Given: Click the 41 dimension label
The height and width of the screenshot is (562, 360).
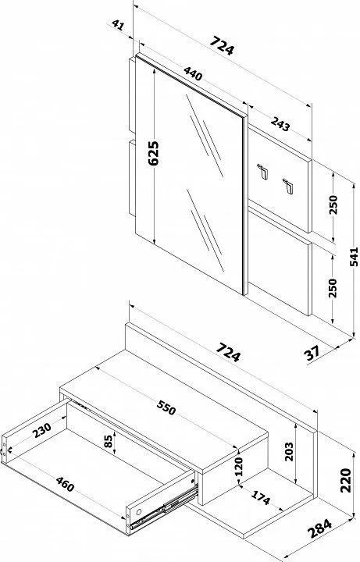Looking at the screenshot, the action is pyautogui.click(x=118, y=25).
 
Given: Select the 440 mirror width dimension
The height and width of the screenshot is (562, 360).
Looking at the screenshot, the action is pyautogui.click(x=193, y=73).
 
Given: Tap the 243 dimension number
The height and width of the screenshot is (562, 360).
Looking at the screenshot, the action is pyautogui.click(x=280, y=124).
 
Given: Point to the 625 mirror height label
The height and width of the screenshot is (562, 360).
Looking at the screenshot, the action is pyautogui.click(x=153, y=153).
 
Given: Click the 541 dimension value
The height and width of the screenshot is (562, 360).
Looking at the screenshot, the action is pyautogui.click(x=354, y=257).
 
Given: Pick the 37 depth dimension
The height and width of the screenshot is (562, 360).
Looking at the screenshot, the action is pyautogui.click(x=312, y=353).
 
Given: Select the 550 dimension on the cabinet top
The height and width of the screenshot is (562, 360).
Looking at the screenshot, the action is pyautogui.click(x=166, y=407).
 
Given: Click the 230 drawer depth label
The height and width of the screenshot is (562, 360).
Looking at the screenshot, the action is pyautogui.click(x=41, y=430).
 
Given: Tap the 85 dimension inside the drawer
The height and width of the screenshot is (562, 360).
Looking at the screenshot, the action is pyautogui.click(x=109, y=440).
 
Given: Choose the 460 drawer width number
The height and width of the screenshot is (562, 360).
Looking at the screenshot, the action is pyautogui.click(x=65, y=484).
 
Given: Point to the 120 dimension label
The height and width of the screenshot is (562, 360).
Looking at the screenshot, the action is pyautogui.click(x=239, y=466).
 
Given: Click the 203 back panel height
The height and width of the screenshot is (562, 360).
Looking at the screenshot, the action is pyautogui.click(x=289, y=452).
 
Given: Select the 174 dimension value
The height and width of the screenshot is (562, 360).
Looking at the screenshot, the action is pyautogui.click(x=260, y=497).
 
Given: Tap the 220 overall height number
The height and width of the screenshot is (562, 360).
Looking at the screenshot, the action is pyautogui.click(x=345, y=480).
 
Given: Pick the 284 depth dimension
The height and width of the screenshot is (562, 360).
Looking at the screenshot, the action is pyautogui.click(x=320, y=528).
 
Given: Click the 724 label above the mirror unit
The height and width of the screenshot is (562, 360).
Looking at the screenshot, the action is pyautogui.click(x=222, y=45).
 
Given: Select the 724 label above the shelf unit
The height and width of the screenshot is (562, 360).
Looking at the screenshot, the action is pyautogui.click(x=229, y=352).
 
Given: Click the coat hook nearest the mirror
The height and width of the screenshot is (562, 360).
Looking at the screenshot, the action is pyautogui.click(x=263, y=171).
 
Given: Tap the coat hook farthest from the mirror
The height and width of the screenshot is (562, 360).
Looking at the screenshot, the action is pyautogui.click(x=288, y=187).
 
